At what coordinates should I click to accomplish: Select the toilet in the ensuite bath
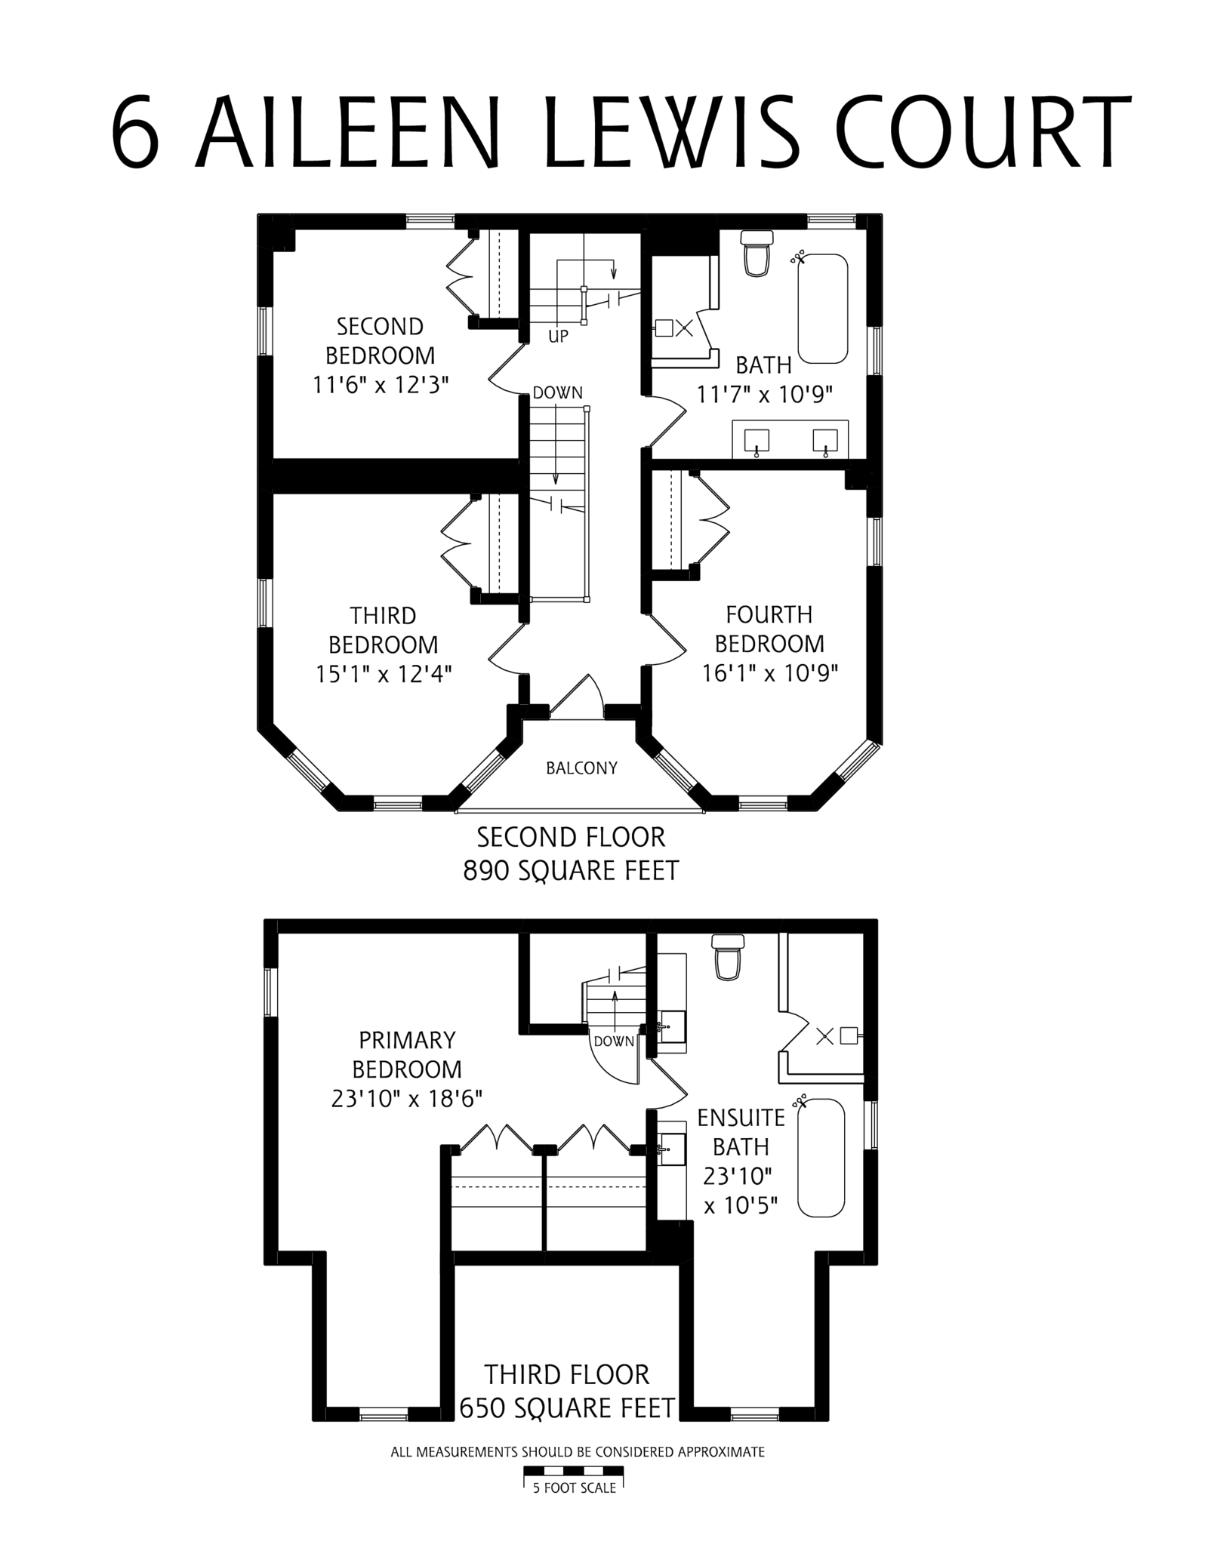(728, 956)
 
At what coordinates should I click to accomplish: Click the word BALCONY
(581, 768)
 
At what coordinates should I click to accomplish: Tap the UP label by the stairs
(558, 337)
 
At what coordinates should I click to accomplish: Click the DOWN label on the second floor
(557, 392)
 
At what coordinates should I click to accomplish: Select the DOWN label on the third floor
(614, 1041)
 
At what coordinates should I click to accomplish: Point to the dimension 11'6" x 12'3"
(381, 385)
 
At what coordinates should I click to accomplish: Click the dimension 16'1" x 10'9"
(770, 673)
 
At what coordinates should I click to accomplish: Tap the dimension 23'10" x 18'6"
(407, 1098)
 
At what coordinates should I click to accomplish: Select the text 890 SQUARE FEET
(571, 870)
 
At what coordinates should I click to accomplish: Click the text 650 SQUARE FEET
(566, 1408)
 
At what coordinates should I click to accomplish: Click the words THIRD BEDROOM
(383, 630)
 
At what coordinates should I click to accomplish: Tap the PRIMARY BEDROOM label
(407, 1054)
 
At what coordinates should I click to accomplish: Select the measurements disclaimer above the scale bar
(578, 1451)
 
